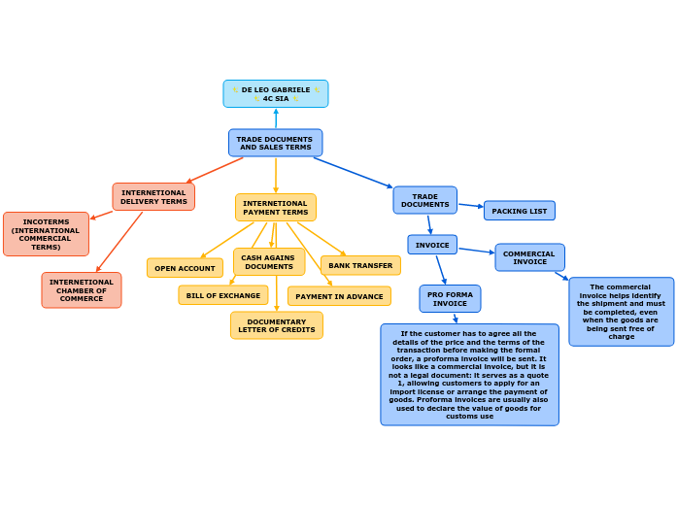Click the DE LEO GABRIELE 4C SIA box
276,94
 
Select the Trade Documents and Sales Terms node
276,143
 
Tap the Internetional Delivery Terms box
153,197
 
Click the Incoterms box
46,234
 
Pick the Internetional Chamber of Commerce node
82,290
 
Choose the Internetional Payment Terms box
276,208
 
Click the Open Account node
185,268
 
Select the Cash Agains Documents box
269,262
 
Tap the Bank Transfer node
360,265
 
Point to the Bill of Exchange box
223,295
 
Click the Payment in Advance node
339,296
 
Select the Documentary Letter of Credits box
277,325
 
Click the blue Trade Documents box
424,200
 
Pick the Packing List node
520,211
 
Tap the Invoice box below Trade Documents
432,245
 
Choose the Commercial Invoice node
529,257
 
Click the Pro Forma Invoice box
450,299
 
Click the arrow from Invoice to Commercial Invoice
476,251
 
